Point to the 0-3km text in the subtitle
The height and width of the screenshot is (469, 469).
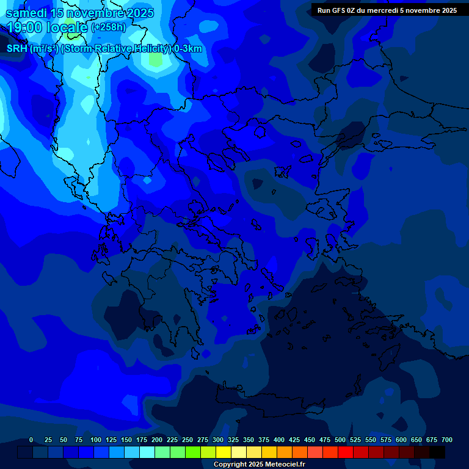tap(188, 49)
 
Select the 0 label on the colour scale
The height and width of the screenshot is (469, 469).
tap(31, 440)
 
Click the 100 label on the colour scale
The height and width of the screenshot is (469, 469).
tap(96, 440)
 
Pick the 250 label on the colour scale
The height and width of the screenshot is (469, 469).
tap(187, 440)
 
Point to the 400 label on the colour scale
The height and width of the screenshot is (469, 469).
tap(279, 440)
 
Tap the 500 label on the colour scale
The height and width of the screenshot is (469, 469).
tap(340, 440)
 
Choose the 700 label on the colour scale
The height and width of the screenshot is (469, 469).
tap(447, 440)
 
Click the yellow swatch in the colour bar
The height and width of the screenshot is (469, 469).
tap(224, 452)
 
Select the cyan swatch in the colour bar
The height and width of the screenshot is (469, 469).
tap(147, 452)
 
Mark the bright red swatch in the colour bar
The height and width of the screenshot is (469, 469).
tap(346, 452)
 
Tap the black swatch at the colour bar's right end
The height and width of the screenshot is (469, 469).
tap(437, 452)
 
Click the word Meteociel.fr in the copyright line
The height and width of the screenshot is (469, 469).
tap(285, 465)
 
